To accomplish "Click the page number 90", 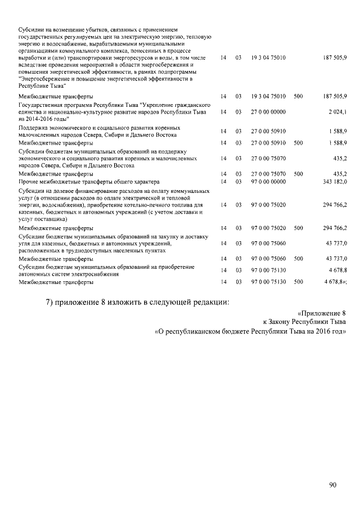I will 333,484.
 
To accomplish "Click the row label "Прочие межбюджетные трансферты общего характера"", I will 89,182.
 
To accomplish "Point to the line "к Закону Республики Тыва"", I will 304,322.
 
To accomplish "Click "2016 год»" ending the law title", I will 331,332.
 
